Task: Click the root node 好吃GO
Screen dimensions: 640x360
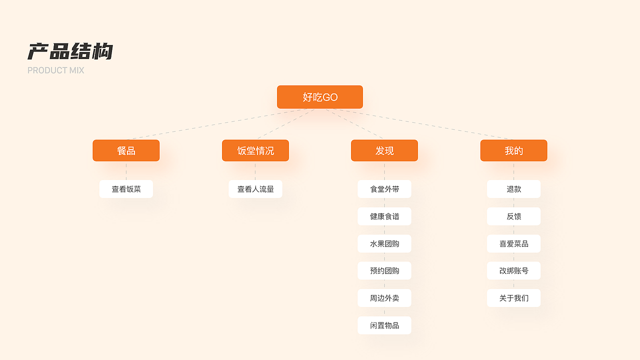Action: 320,97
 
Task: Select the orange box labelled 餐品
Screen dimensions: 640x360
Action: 126,150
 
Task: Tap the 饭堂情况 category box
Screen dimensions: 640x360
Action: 255,150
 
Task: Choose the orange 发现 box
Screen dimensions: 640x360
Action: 384,150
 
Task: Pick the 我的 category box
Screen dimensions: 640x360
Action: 513,150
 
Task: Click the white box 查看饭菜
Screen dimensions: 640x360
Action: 126,189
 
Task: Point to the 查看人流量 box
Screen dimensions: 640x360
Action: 255,189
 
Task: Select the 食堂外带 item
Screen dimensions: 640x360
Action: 384,189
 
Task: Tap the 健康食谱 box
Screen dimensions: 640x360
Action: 384,216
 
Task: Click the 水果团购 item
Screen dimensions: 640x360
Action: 384,243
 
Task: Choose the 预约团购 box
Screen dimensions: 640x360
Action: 384,270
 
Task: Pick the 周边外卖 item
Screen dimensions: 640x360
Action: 384,298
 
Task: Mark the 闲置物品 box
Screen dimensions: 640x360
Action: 384,325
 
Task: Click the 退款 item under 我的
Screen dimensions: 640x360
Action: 513,189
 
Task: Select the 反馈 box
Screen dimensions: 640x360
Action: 513,216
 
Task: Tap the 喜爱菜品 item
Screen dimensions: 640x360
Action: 513,243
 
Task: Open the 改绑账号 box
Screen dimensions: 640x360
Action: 513,270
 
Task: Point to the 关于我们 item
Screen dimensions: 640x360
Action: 513,298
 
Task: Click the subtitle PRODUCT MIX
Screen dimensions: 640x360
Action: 55,70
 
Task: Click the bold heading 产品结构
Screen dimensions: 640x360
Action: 70,51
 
